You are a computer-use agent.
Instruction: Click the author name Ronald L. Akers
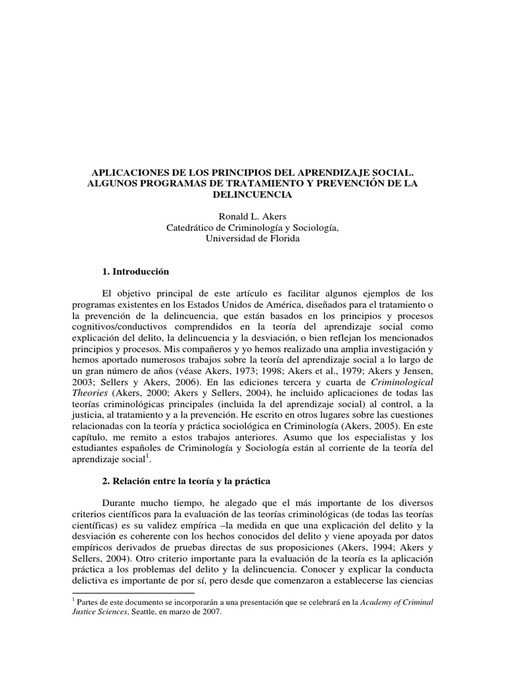click(252, 216)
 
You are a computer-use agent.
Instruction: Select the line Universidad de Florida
click(252, 239)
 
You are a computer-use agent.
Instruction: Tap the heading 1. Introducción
click(136, 271)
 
